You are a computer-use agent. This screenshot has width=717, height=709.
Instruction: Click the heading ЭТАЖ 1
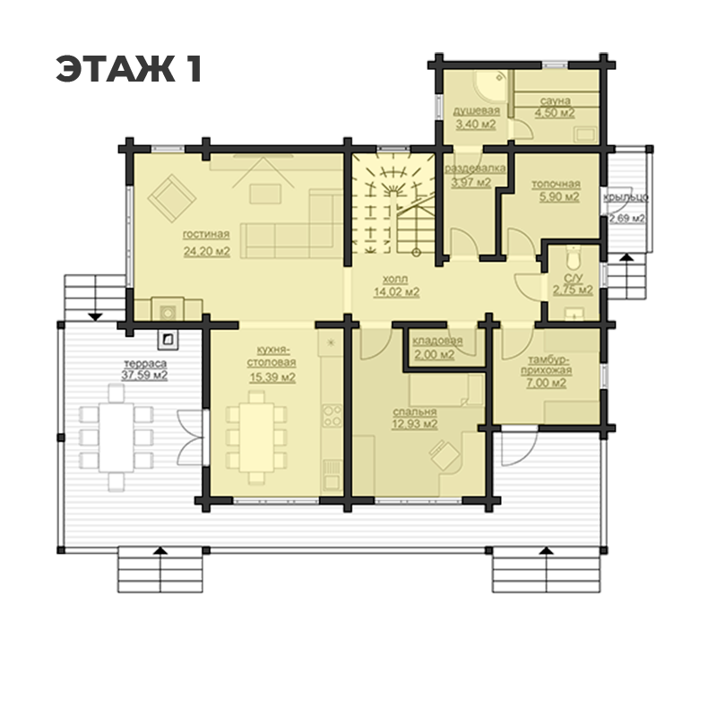129,69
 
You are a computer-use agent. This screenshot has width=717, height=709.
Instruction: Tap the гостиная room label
206,235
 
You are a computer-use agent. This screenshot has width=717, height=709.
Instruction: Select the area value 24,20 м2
207,251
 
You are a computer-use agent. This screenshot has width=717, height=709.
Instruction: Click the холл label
395,279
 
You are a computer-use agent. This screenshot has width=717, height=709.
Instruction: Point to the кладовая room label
437,341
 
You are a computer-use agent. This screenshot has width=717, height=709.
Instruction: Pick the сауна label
555,100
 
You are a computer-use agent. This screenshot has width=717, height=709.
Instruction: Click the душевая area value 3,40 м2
476,124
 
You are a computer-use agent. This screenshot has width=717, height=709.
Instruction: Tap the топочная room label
556,184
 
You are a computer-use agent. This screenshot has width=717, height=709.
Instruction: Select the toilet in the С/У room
572,257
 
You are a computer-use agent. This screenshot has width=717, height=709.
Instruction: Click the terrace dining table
117,437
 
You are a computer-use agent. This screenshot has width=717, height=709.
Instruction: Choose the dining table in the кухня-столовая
256,437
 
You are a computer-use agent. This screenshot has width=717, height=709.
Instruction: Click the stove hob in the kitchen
332,415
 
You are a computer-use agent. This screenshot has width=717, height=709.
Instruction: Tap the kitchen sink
331,474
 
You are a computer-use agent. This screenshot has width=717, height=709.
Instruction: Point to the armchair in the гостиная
172,198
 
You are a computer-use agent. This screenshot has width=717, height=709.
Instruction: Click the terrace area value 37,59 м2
144,376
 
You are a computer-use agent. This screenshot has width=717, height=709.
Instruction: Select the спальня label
414,411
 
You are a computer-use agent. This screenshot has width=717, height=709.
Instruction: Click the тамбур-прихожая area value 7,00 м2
546,383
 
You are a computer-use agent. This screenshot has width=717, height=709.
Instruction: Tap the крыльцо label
626,197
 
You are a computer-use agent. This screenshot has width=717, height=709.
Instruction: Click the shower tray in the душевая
491,85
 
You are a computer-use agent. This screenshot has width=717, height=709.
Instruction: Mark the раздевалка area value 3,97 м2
471,183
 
